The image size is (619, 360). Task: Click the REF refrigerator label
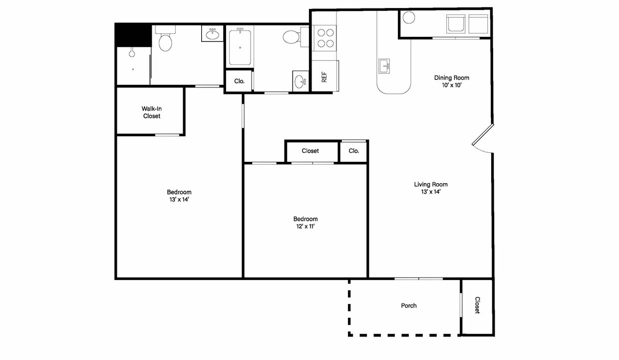[x=324, y=77]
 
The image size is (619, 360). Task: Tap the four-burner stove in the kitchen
[x=324, y=38]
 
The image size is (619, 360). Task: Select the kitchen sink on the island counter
[x=384, y=66]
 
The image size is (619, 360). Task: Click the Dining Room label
[x=452, y=78]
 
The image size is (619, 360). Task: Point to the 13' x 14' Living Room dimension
[x=430, y=192]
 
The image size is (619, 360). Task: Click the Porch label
[x=409, y=306]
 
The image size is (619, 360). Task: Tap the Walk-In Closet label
[x=151, y=112]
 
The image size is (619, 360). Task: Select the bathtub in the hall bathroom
[x=240, y=46]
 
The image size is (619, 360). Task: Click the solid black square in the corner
[x=133, y=35]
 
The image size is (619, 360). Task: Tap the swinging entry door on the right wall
[x=483, y=138]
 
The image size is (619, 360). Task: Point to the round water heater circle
[x=409, y=17]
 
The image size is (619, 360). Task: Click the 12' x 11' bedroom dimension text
[x=306, y=227]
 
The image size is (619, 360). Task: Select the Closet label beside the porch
[x=477, y=305]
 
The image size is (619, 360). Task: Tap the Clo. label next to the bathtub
[x=239, y=81]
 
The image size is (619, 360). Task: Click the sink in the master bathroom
[x=212, y=33]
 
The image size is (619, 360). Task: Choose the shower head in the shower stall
[x=132, y=52]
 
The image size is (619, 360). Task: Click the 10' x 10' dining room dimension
[x=452, y=85]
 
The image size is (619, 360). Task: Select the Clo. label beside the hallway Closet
[x=354, y=151]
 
